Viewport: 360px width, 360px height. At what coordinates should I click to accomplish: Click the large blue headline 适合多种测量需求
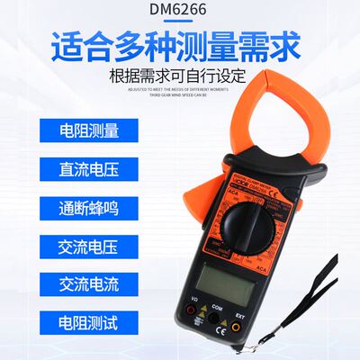[x=179, y=45]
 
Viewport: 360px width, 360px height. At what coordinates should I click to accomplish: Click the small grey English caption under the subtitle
[x=179, y=93]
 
